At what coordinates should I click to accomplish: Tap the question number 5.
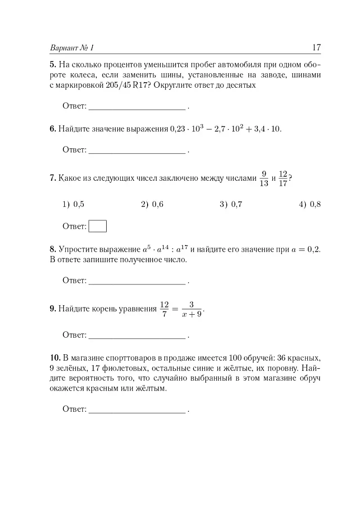coord(52,64)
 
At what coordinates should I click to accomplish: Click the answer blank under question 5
coord(137,107)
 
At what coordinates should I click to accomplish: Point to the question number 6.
coord(52,129)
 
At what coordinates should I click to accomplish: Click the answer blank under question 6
coord(137,150)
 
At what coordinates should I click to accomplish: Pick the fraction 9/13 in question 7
coord(264,178)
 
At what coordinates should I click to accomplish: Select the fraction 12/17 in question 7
coord(283,178)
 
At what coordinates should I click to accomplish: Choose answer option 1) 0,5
coord(73,205)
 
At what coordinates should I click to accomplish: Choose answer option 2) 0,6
coord(152,205)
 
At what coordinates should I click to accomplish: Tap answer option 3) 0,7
coord(231,205)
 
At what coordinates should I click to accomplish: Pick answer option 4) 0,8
coord(310,205)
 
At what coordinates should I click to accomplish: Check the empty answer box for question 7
coord(98,226)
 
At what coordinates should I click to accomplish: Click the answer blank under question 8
coord(137,281)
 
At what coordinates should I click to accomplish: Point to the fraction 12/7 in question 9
coord(164,309)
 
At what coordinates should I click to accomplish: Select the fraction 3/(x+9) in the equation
coord(191,309)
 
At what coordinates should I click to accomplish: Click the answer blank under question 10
coord(137,410)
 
